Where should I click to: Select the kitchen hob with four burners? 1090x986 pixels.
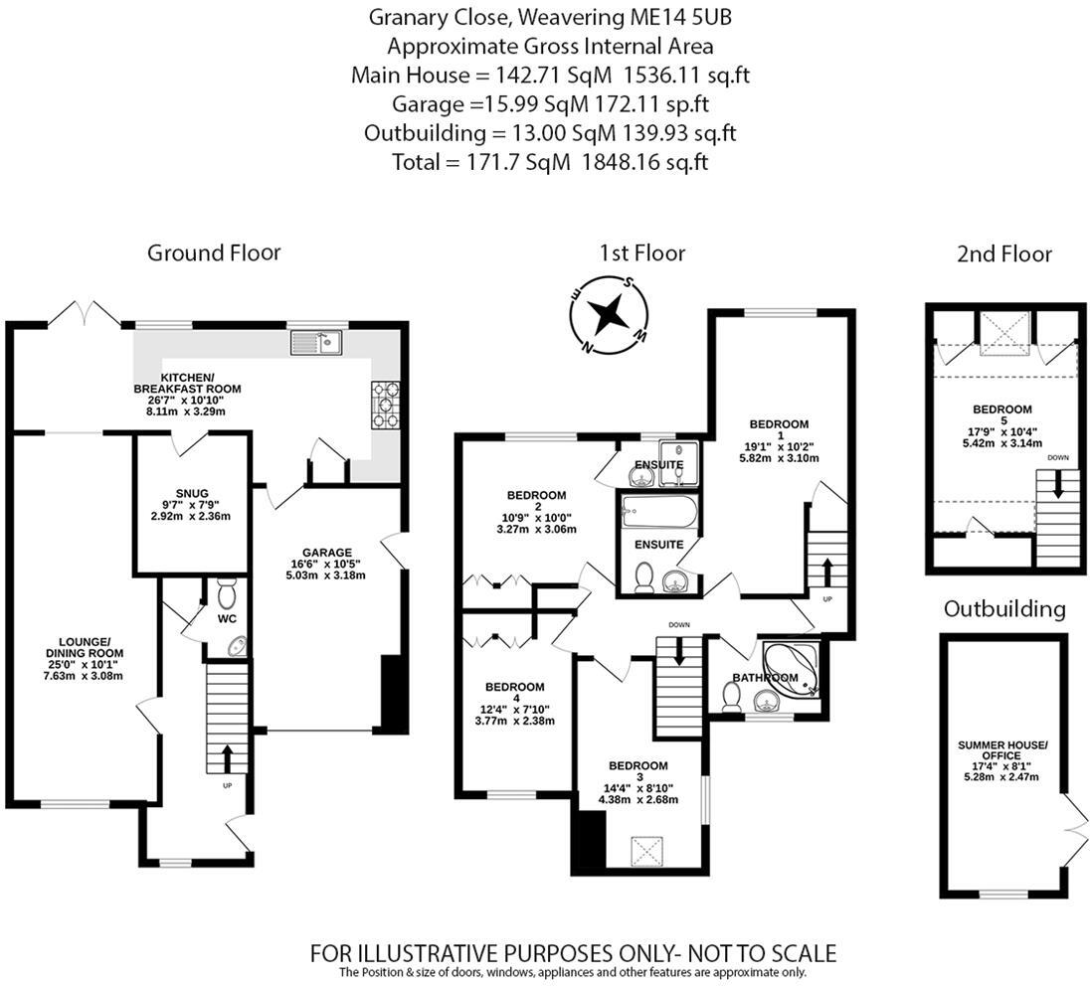(385, 406)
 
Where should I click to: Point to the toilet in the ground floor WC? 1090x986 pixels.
(227, 594)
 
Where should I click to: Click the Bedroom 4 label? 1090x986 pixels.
(514, 687)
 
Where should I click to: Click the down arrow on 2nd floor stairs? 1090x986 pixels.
(1058, 486)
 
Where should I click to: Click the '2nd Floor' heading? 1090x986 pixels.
(1003, 254)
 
